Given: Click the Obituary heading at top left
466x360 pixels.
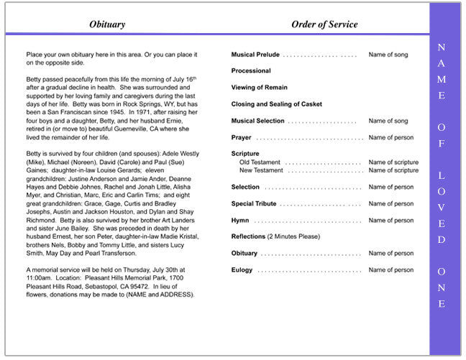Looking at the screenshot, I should pos(107,24).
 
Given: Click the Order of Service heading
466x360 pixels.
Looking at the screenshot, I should pos(324,24).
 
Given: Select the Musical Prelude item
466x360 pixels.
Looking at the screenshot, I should pos(255,55).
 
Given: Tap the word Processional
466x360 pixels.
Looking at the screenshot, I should pos(251,71).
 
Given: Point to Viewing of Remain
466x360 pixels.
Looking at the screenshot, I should pos(259,88).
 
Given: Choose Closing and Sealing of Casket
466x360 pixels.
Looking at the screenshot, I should pos(276,104).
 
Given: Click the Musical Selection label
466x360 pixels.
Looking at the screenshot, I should pos(257,121).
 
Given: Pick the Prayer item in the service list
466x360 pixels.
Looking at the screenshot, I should pos(241,137).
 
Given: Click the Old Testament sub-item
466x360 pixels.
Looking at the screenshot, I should pos(260,162).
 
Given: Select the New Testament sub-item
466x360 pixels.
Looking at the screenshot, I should pos(261,170).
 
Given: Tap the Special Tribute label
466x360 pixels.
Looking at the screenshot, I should pos(254,204).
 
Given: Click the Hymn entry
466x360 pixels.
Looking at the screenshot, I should pos(240,221).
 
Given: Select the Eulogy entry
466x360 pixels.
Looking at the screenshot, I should pos(242,270).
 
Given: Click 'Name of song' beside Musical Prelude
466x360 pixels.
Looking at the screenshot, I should pos(388,55).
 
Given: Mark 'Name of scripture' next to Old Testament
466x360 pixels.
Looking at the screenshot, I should pos(393,162).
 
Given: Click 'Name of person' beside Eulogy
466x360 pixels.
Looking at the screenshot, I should pos(390,270).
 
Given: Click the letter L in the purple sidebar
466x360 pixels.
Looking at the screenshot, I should pos(441,175).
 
